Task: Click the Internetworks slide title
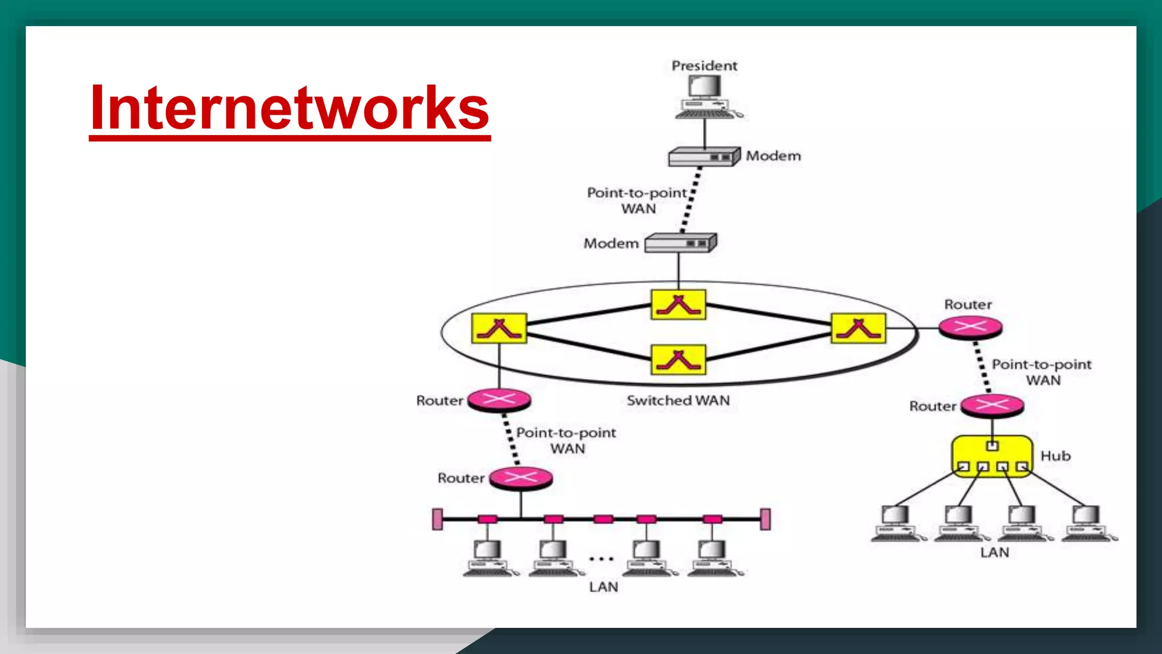pyautogui.click(x=289, y=108)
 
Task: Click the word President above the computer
pyautogui.click(x=704, y=66)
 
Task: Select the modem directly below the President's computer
pyautogui.click(x=704, y=157)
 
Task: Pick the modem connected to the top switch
pyautogui.click(x=681, y=243)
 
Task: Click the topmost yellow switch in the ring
pyautogui.click(x=679, y=305)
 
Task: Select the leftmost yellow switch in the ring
pyautogui.click(x=499, y=328)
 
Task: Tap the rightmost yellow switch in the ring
pyautogui.click(x=858, y=328)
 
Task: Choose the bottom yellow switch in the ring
pyautogui.click(x=679, y=359)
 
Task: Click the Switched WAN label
pyautogui.click(x=678, y=401)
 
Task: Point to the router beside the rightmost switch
pyautogui.click(x=970, y=328)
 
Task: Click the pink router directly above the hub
pyautogui.click(x=992, y=405)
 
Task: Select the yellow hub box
pyautogui.click(x=992, y=456)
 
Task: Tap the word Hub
pyautogui.click(x=1055, y=456)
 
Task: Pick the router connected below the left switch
pyautogui.click(x=499, y=400)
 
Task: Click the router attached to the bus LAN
pyautogui.click(x=521, y=478)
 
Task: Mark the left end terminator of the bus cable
pyautogui.click(x=437, y=519)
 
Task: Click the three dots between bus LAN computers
pyautogui.click(x=601, y=559)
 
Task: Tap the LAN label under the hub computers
pyautogui.click(x=995, y=552)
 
